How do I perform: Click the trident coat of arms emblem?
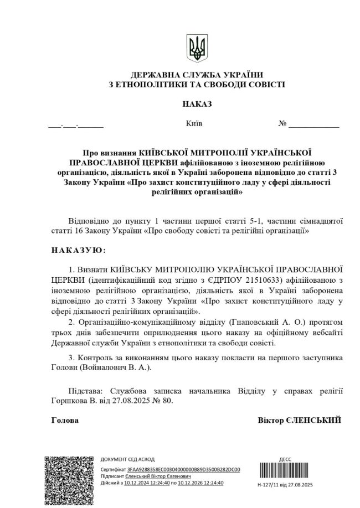196,49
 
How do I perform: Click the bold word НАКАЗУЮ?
78,250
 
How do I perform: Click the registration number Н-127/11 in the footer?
271,484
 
